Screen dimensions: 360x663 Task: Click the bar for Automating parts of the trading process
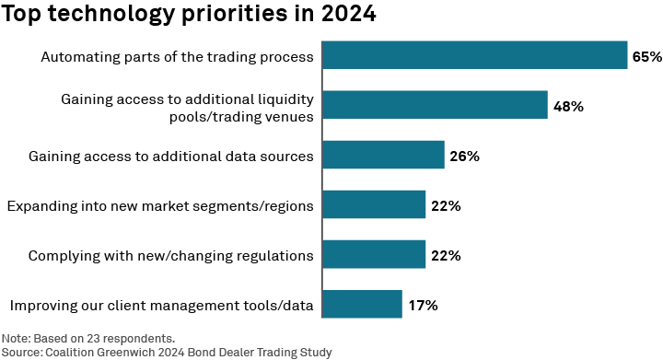pyautogui.click(x=473, y=56)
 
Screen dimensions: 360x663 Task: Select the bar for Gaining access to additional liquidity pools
pyautogui.click(x=434, y=106)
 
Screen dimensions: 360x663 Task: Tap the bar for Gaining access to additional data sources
pyautogui.click(x=382, y=156)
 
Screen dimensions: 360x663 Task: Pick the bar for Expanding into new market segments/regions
pyautogui.click(x=373, y=204)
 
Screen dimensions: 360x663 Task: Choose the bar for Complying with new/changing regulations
pyautogui.click(x=373, y=254)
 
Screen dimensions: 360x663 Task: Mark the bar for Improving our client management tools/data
pyautogui.click(x=362, y=304)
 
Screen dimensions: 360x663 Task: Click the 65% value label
pyautogui.click(x=646, y=56)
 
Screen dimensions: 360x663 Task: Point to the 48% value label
pyautogui.click(x=568, y=106)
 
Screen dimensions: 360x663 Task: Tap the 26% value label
pyautogui.click(x=464, y=156)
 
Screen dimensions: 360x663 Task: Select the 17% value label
pyautogui.click(x=423, y=304)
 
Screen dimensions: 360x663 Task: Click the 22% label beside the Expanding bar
pyautogui.click(x=446, y=205)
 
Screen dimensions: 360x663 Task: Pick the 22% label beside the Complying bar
pyautogui.click(x=446, y=255)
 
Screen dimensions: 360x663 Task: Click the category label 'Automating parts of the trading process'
pyautogui.click(x=178, y=57)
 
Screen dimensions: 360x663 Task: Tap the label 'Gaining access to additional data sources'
pyautogui.click(x=171, y=157)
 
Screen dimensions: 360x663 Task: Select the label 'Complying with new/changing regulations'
pyautogui.click(x=171, y=255)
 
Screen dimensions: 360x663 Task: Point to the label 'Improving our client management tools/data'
pyautogui.click(x=162, y=305)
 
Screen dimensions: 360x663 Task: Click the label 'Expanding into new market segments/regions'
pyautogui.click(x=160, y=205)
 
